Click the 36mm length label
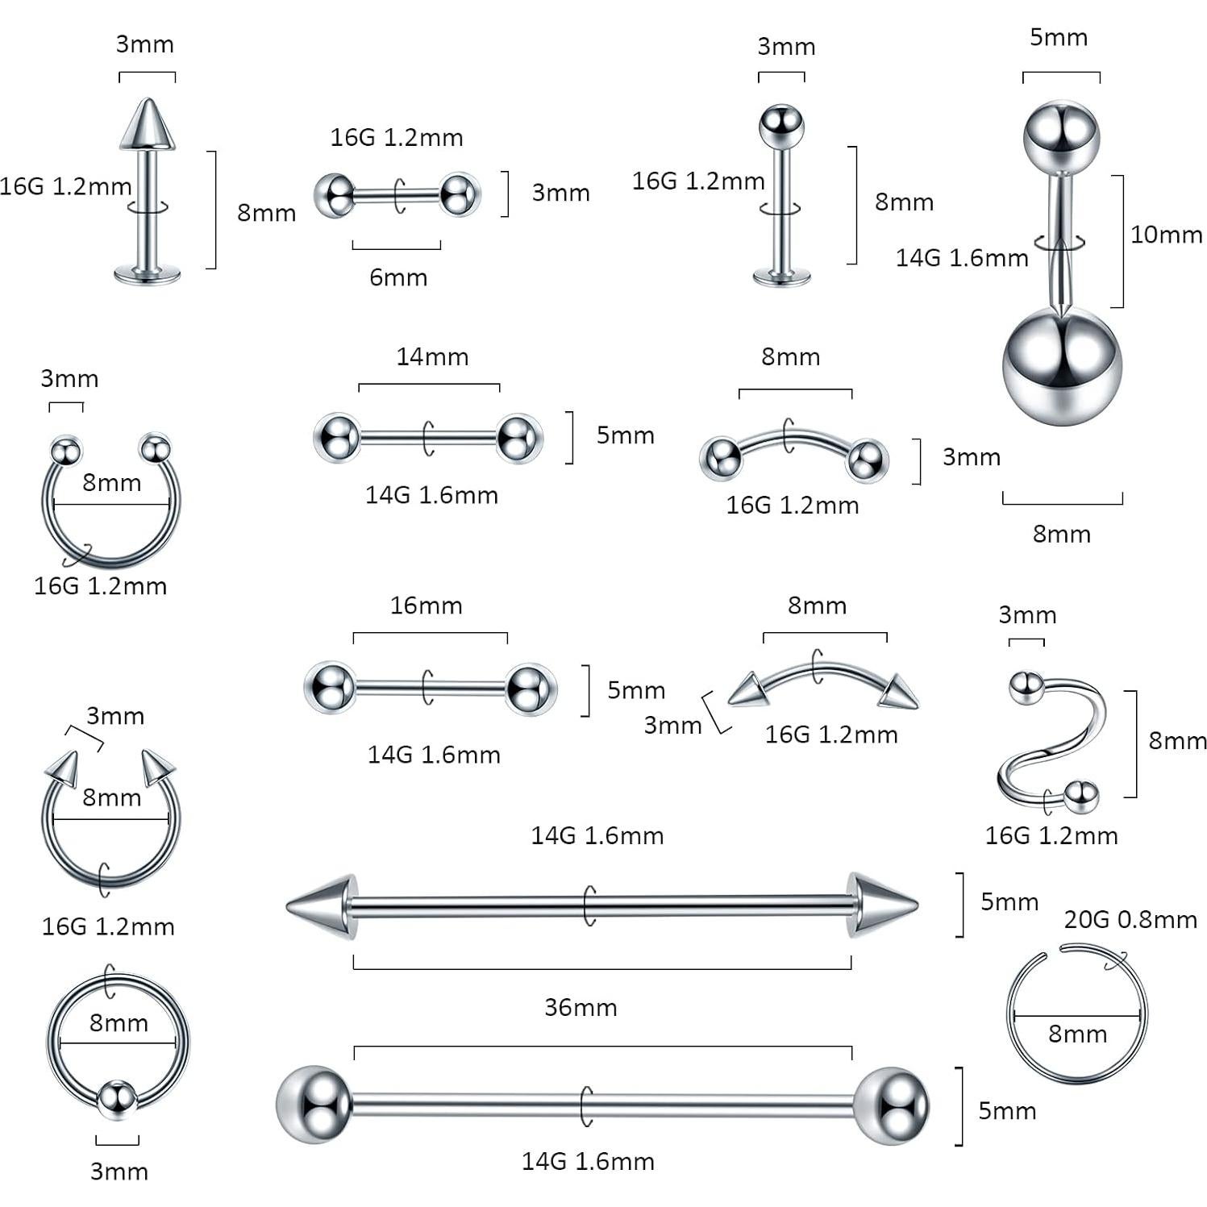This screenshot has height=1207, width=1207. pyautogui.click(x=581, y=1007)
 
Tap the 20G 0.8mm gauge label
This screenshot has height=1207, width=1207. pyautogui.click(x=1130, y=919)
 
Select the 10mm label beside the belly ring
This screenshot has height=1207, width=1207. pyautogui.click(x=1166, y=235)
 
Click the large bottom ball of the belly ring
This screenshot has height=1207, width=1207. pyautogui.click(x=1061, y=368)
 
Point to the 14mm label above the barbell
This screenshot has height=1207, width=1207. pyautogui.click(x=432, y=356)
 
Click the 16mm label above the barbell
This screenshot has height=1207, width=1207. pyautogui.click(x=426, y=606)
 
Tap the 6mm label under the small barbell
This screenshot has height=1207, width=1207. pyautogui.click(x=398, y=277)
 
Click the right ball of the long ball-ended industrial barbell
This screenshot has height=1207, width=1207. pyautogui.click(x=890, y=1105)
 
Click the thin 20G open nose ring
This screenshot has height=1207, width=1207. pyautogui.click(x=1076, y=1018)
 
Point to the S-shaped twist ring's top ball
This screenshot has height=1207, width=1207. pyautogui.click(x=1026, y=687)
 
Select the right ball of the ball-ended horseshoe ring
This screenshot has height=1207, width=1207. pyautogui.click(x=155, y=448)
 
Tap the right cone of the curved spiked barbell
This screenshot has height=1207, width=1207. pyautogui.click(x=898, y=693)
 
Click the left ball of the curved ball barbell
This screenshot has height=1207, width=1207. pyautogui.click(x=719, y=457)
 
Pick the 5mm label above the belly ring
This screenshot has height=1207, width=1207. pyautogui.click(x=1059, y=37)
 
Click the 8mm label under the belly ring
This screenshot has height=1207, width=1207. pyautogui.click(x=1061, y=534)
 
